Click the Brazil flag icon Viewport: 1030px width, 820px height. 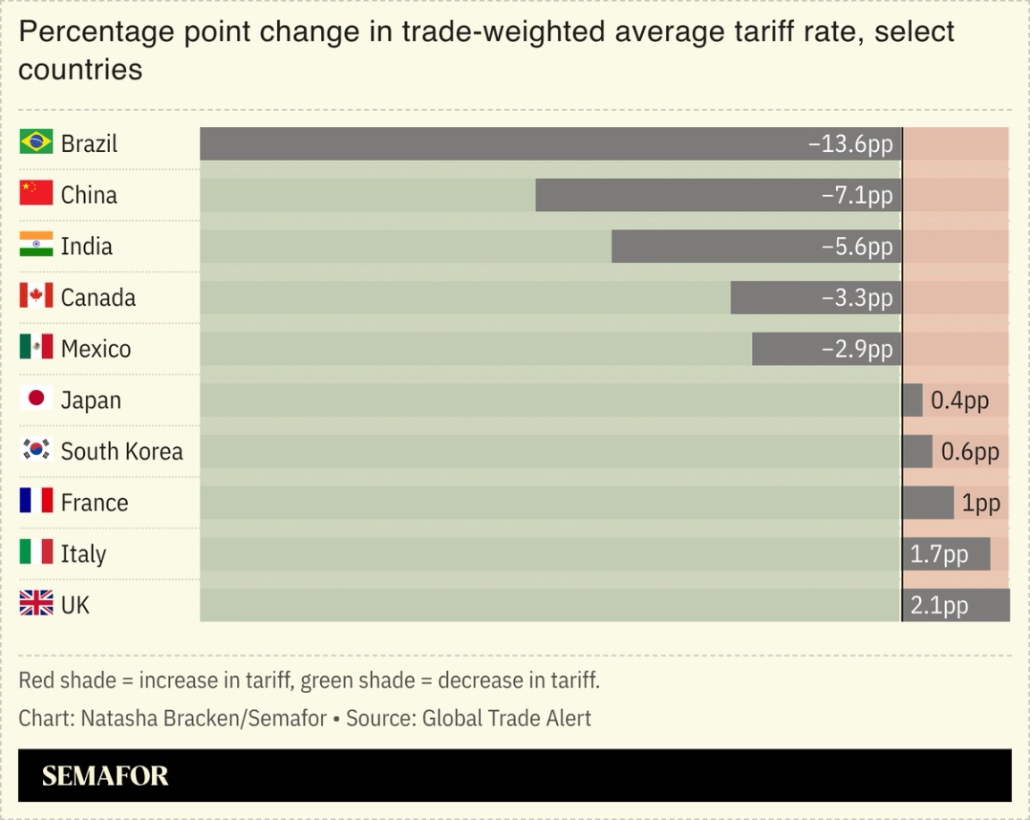pos(36,142)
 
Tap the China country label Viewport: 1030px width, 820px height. pos(89,194)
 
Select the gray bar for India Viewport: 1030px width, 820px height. pos(715,246)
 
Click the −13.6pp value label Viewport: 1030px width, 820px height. pos(850,143)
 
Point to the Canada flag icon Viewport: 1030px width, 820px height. pos(36,296)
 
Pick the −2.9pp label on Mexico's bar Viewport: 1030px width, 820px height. pos(857,349)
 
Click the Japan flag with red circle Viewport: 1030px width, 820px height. pos(36,399)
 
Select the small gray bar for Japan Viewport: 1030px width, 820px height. pos(912,400)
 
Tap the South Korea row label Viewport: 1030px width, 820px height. pos(122,451)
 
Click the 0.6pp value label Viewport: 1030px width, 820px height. pos(969,452)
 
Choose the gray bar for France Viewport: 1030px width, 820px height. pos(928,503)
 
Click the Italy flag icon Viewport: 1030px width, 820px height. pos(36,553)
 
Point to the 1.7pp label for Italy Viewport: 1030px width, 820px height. pos(939,554)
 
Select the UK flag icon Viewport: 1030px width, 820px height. pos(36,604)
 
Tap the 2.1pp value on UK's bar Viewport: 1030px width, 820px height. pos(939,605)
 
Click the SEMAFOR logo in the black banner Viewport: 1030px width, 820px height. pos(105,775)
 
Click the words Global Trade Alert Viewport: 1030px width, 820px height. pos(506,718)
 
